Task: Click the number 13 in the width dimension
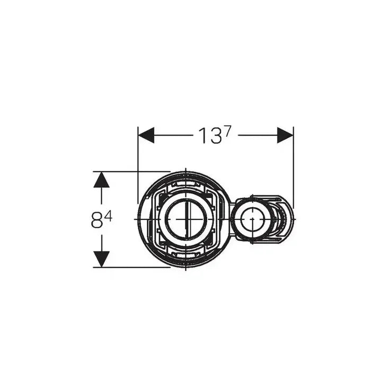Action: point(209,136)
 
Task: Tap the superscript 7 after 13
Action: point(227,133)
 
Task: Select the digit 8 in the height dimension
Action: point(96,220)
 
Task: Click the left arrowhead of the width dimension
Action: point(146,135)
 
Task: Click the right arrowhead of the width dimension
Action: point(285,135)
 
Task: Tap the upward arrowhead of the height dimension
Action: point(101,180)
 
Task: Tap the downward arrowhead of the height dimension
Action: point(101,259)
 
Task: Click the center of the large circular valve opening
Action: point(186,218)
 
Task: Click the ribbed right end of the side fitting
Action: point(287,218)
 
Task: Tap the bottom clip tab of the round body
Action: point(186,256)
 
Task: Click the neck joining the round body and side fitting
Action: point(230,218)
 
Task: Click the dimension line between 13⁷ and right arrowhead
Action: point(257,135)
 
